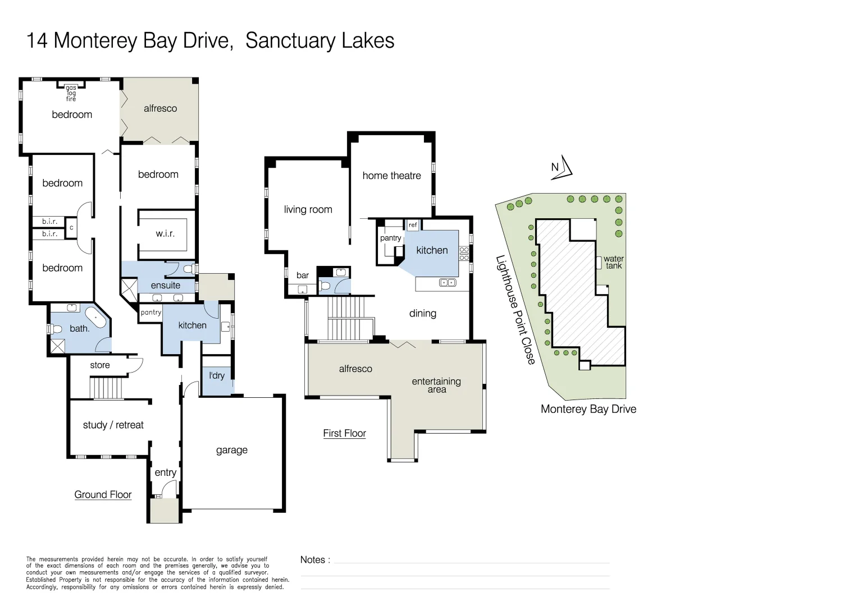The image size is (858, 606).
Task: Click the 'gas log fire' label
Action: [71, 93]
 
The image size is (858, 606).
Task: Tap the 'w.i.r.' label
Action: [165, 233]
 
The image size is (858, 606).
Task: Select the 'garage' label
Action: [231, 450]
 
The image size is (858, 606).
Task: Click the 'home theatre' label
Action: [391, 176]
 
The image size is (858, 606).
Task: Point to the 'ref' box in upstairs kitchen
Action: [413, 225]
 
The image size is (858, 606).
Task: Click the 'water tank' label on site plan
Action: [613, 263]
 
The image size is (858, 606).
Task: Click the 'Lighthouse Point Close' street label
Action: [515, 310]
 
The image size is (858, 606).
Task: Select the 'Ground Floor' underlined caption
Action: [103, 494]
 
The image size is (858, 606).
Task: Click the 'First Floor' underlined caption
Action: [344, 433]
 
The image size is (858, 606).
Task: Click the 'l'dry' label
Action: [217, 375]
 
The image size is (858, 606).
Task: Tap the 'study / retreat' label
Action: [113, 425]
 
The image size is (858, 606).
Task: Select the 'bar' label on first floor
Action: [303, 276]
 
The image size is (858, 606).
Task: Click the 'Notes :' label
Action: [315, 559]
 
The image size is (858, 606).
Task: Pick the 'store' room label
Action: [100, 365]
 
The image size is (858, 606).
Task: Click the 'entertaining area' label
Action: [436, 385]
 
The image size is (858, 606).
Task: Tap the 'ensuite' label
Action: [166, 285]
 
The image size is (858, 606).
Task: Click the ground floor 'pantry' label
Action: [151, 313]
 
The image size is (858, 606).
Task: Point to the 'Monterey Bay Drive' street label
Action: [588, 409]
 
